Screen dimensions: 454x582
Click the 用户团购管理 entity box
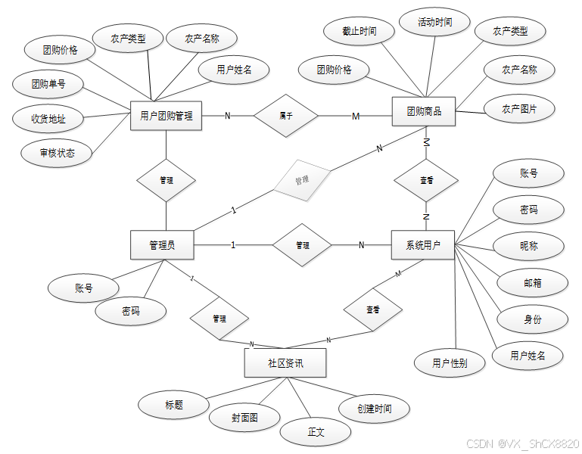click(166, 116)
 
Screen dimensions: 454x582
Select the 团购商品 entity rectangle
click(424, 112)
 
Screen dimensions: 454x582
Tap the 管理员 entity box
click(162, 245)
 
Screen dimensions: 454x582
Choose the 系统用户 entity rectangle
click(423, 245)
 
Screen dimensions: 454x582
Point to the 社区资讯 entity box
click(285, 363)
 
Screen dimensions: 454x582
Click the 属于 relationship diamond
click(285, 116)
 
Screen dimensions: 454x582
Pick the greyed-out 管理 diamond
click(301, 180)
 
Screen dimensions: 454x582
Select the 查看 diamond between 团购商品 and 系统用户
click(426, 181)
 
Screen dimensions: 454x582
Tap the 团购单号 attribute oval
click(48, 84)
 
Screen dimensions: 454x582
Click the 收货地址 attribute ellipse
click(48, 118)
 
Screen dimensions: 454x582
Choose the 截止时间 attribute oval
click(359, 32)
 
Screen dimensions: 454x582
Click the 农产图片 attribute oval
click(519, 109)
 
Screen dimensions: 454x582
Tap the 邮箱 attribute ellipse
click(533, 282)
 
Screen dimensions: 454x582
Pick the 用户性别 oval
click(450, 362)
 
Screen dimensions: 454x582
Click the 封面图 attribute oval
click(244, 416)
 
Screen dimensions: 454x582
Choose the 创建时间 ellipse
click(375, 409)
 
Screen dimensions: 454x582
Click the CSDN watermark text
click(522, 443)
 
